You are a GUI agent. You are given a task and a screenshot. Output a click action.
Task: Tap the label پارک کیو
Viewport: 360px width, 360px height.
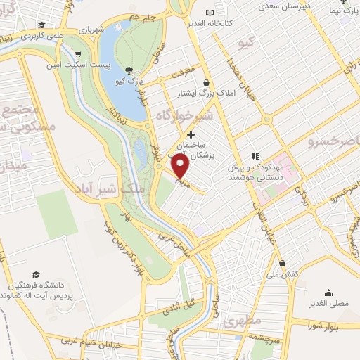tap(131, 82)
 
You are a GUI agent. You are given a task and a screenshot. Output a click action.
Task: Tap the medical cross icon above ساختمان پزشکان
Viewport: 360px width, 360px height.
tap(191, 134)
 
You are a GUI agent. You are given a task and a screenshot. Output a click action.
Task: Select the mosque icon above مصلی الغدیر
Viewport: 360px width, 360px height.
tap(328, 294)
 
